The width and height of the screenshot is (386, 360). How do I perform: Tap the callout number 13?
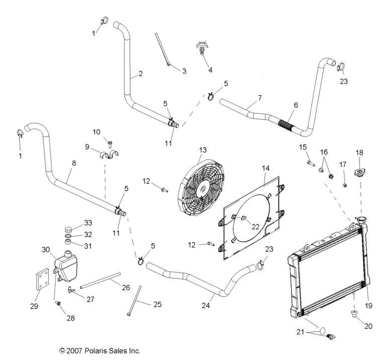click(202, 150)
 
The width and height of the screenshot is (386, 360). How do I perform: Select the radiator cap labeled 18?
click(359, 174)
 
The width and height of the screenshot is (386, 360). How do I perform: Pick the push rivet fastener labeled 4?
click(201, 49)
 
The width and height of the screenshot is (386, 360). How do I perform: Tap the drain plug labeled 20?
click(354, 314)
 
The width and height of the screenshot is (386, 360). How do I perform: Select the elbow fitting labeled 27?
click(72, 289)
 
